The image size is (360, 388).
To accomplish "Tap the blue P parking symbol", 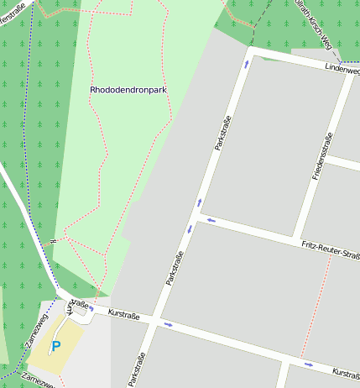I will pos(56,346).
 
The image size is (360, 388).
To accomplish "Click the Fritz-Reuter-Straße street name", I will pos(330,247).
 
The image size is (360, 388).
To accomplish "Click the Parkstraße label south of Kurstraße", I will pos(136,370).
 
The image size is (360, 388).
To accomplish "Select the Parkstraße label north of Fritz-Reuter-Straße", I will pos(222,133).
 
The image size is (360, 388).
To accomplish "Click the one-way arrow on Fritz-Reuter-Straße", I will pos(211,221).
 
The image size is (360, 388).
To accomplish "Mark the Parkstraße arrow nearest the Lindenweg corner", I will pos(247,63).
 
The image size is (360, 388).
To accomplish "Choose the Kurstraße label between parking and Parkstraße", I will pos(124,315).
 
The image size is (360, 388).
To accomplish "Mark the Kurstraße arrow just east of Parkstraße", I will pos(168,324).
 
